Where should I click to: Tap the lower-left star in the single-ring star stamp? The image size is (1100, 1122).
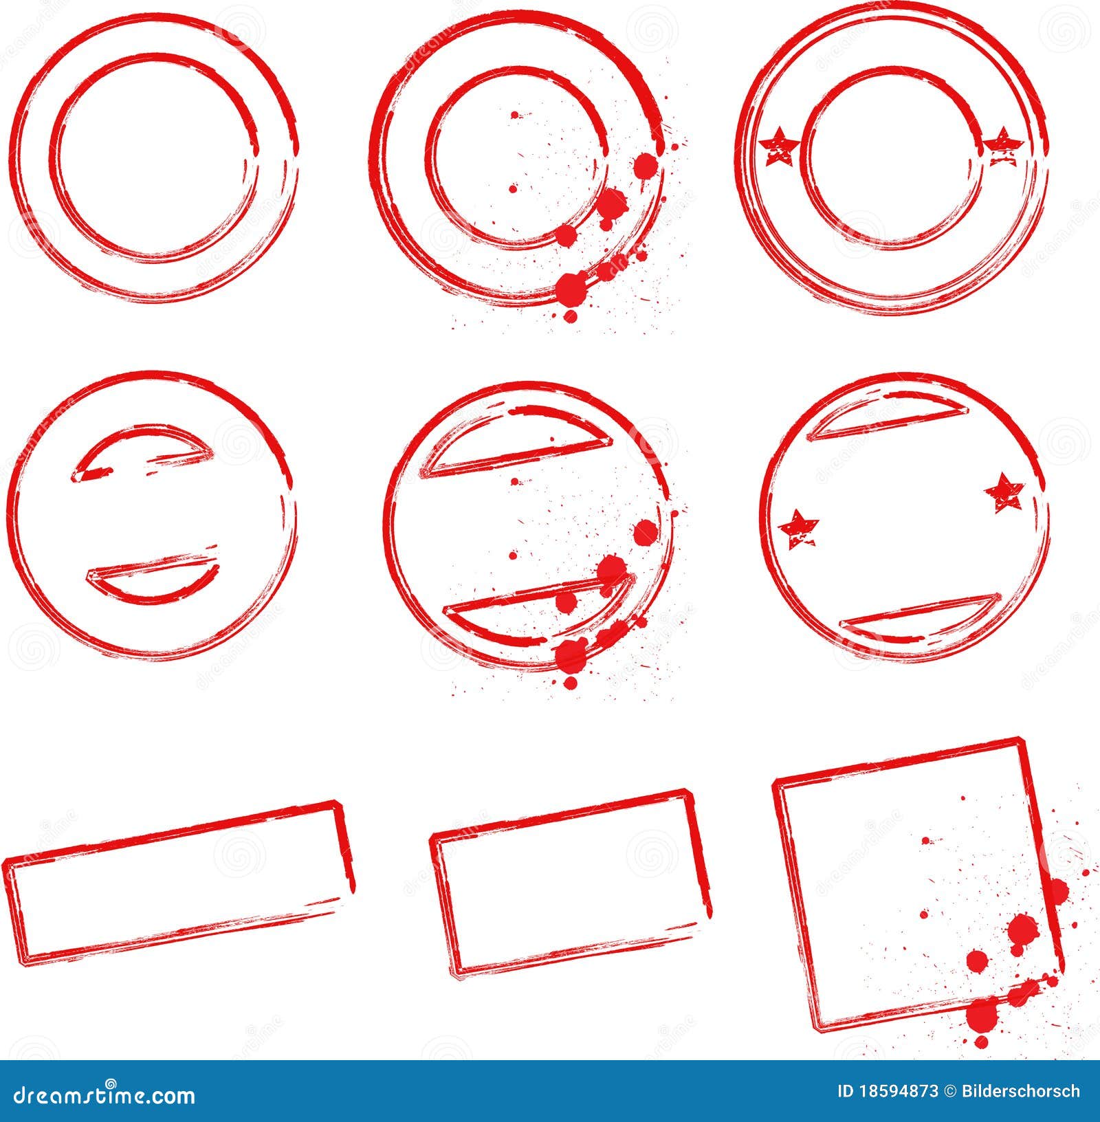(799, 528)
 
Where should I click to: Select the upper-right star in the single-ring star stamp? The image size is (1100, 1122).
(1004, 492)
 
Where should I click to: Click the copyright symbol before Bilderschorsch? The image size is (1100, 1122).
(949, 1092)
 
